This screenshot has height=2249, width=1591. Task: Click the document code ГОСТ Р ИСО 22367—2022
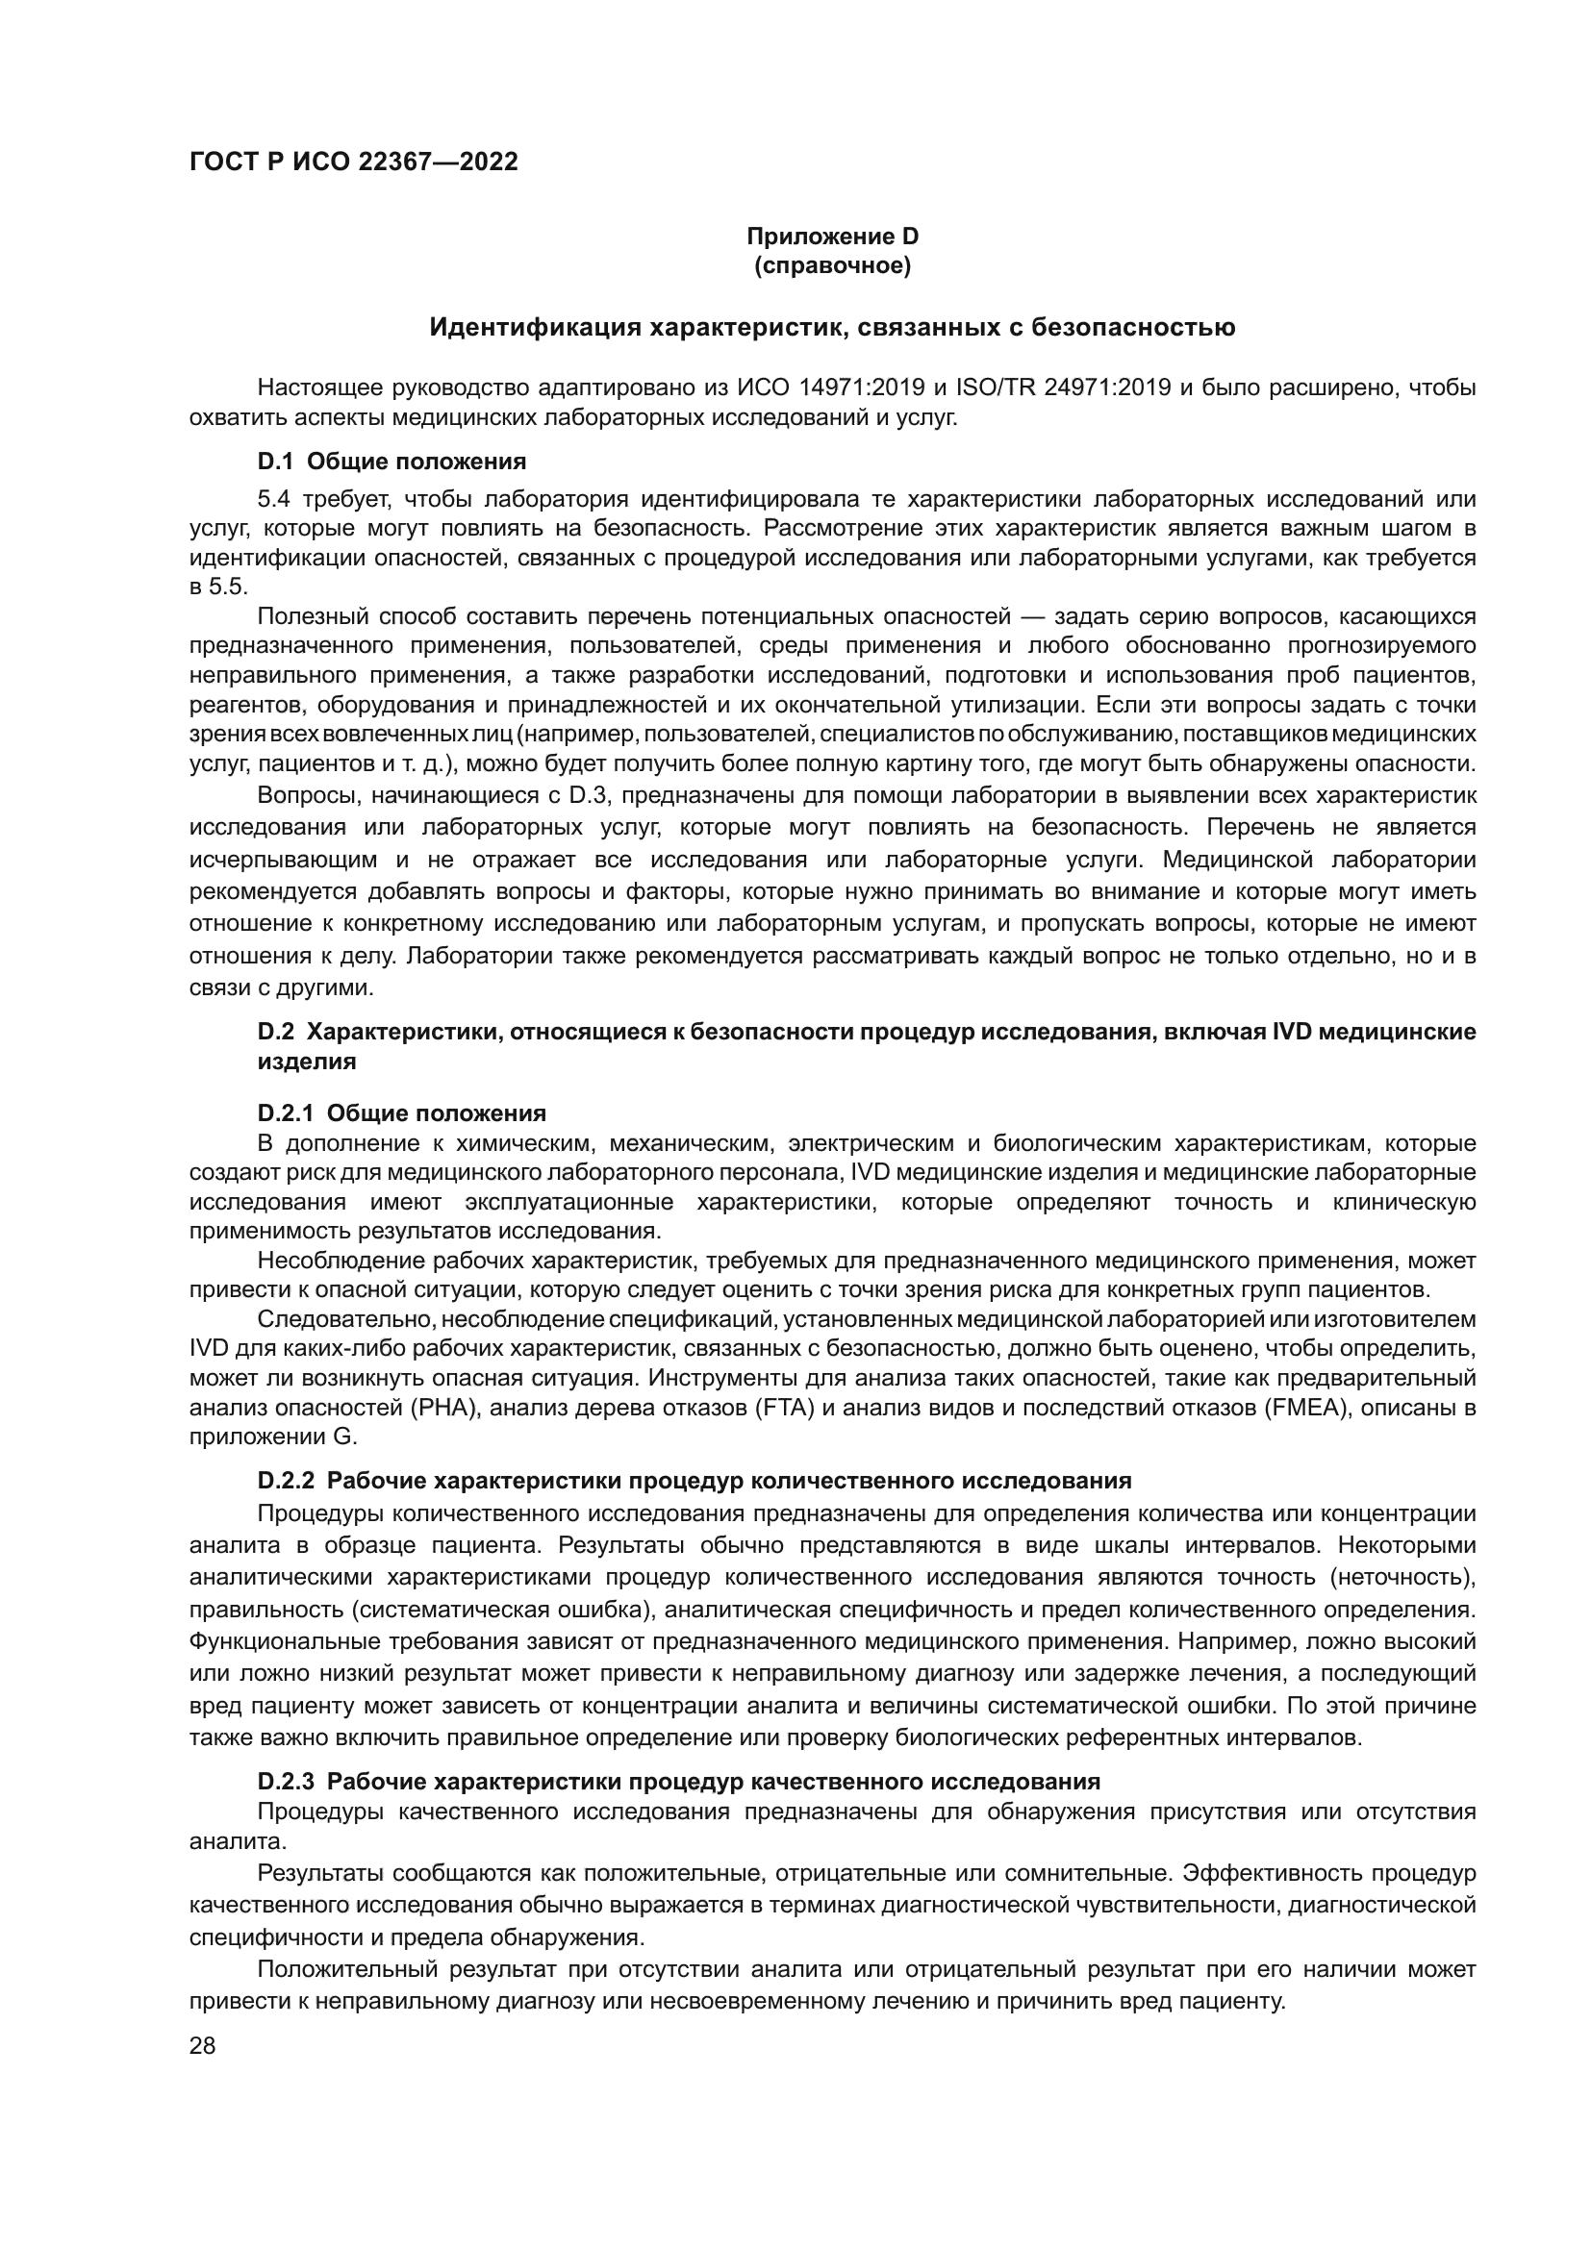[354, 162]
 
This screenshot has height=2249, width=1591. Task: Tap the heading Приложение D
[832, 237]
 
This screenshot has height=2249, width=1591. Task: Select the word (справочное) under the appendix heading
[832, 265]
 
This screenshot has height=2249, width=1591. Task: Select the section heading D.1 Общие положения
[391, 462]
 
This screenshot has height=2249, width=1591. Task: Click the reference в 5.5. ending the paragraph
[218, 587]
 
